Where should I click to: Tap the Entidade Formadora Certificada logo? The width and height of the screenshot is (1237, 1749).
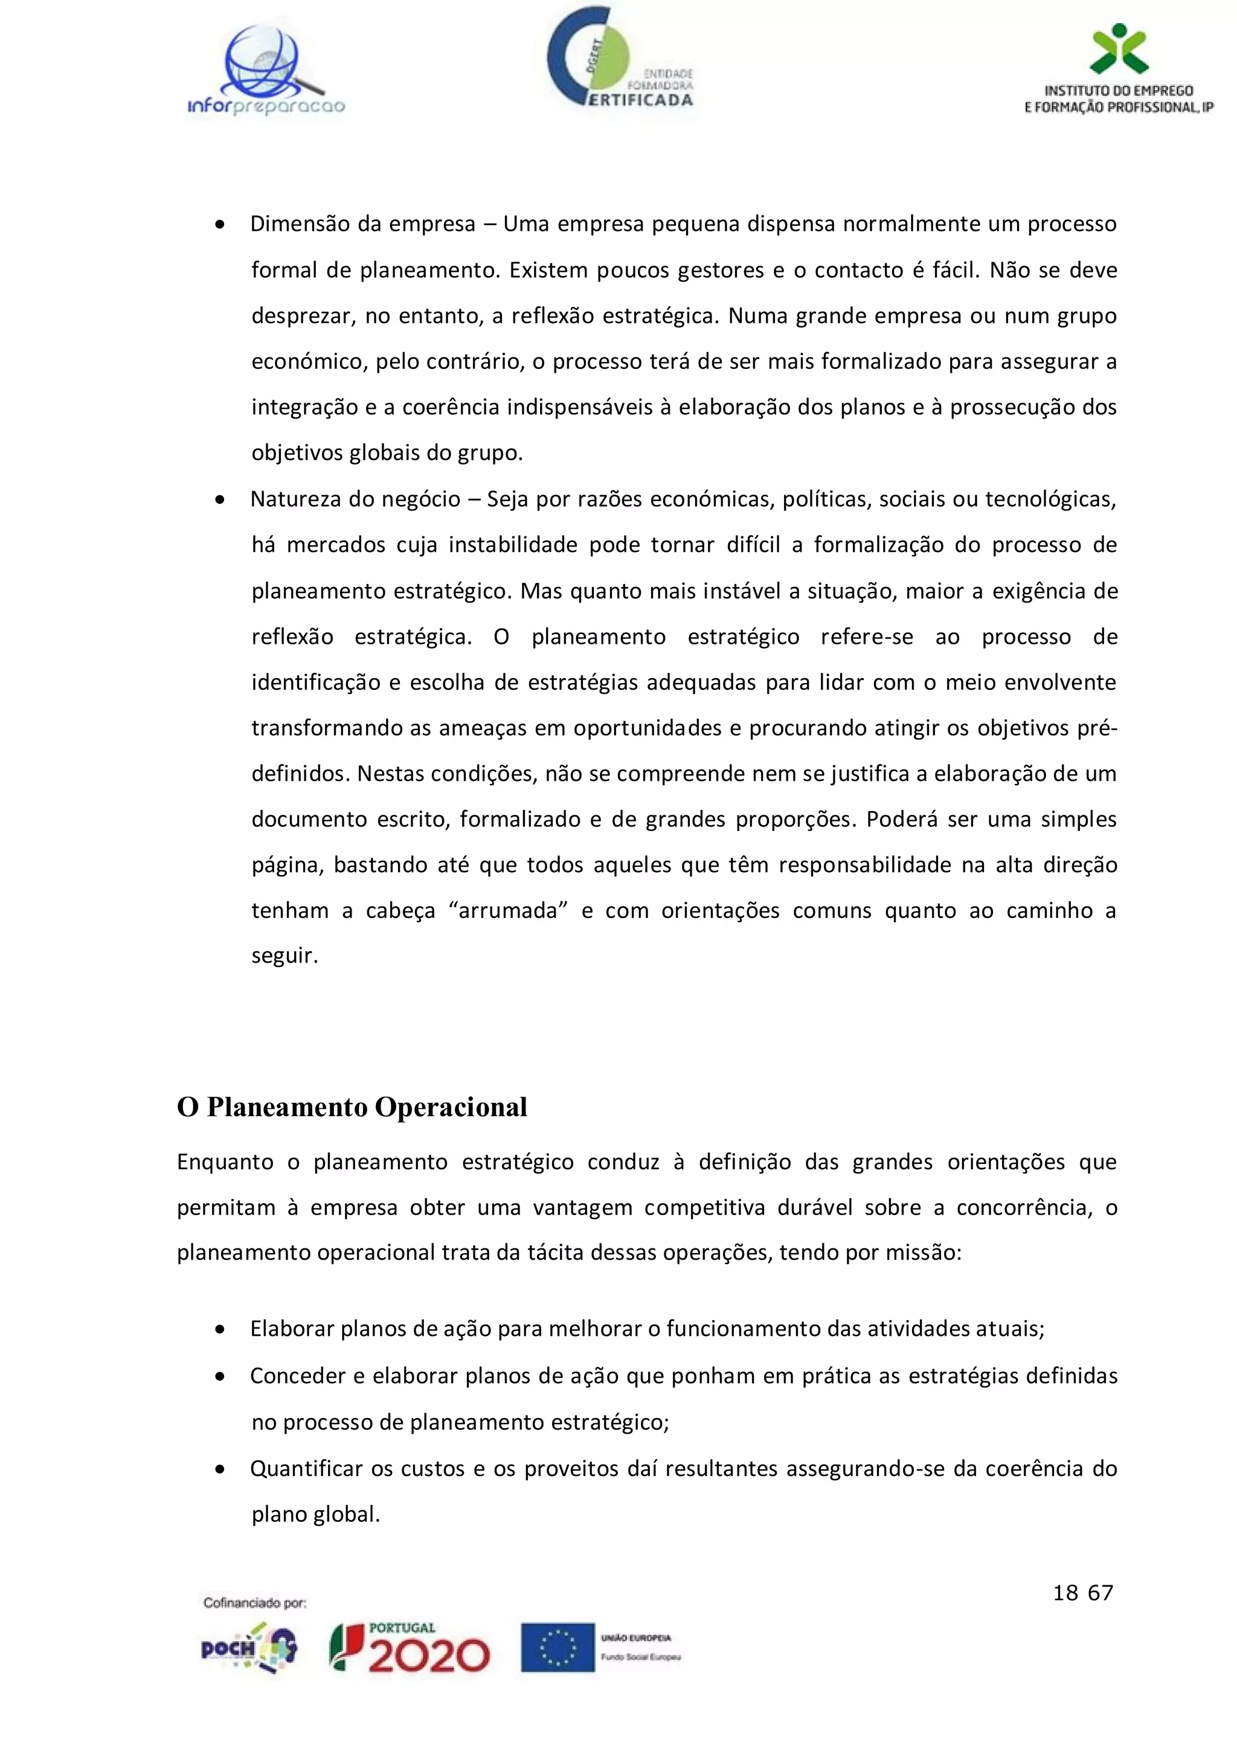[x=618, y=59]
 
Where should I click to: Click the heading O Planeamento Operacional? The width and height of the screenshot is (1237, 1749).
[x=352, y=1107]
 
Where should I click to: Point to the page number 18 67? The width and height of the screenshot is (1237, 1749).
[x=1082, y=1593]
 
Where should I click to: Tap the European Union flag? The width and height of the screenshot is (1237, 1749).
[x=557, y=1648]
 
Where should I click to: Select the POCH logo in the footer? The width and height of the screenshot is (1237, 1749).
[x=248, y=1648]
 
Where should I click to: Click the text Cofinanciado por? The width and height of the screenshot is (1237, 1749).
[x=254, y=1603]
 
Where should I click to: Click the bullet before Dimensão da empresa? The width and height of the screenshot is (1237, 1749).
[x=220, y=225]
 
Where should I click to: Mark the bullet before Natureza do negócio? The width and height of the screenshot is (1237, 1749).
[x=220, y=499]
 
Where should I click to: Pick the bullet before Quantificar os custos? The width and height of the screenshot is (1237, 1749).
[x=220, y=1469]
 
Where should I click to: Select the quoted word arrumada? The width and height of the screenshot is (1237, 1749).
[x=508, y=911]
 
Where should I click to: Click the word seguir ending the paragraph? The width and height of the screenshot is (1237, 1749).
[x=283, y=956]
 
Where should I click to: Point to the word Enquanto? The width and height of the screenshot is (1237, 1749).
[x=225, y=1162]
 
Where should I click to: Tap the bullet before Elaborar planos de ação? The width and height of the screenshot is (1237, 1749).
[x=220, y=1329]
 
